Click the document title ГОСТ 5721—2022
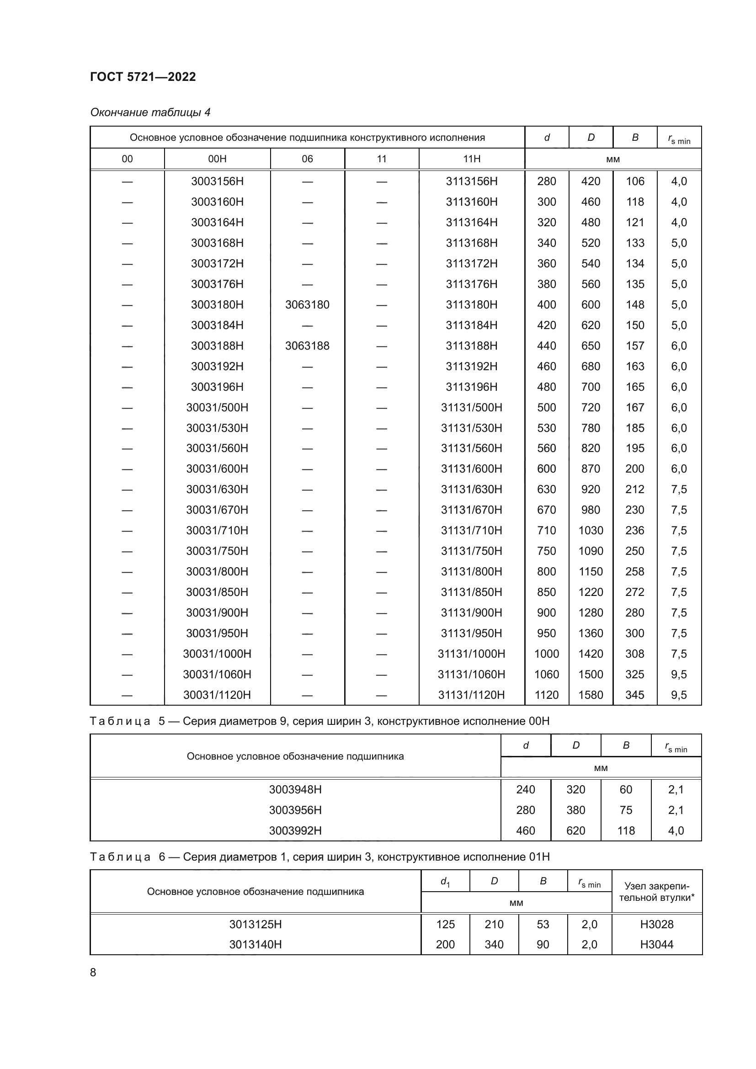pos(143,77)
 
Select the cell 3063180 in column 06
pos(307,305)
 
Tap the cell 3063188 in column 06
pos(307,346)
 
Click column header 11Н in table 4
pos(472,159)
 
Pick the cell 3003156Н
pos(217,181)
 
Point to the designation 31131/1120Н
pos(472,695)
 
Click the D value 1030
pos(591,531)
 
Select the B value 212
pos(635,489)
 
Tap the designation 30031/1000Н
pos(217,654)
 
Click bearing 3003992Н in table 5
pos(295,831)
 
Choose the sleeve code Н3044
pos(657,945)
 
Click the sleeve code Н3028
pos(657,925)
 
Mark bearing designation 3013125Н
pos(256,925)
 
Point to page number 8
pos(93,973)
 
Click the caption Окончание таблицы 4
pos(150,113)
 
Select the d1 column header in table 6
pos(445,881)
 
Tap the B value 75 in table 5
pos(626,811)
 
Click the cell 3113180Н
pos(472,305)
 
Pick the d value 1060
pos(547,675)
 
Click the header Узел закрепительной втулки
pos(657,892)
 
